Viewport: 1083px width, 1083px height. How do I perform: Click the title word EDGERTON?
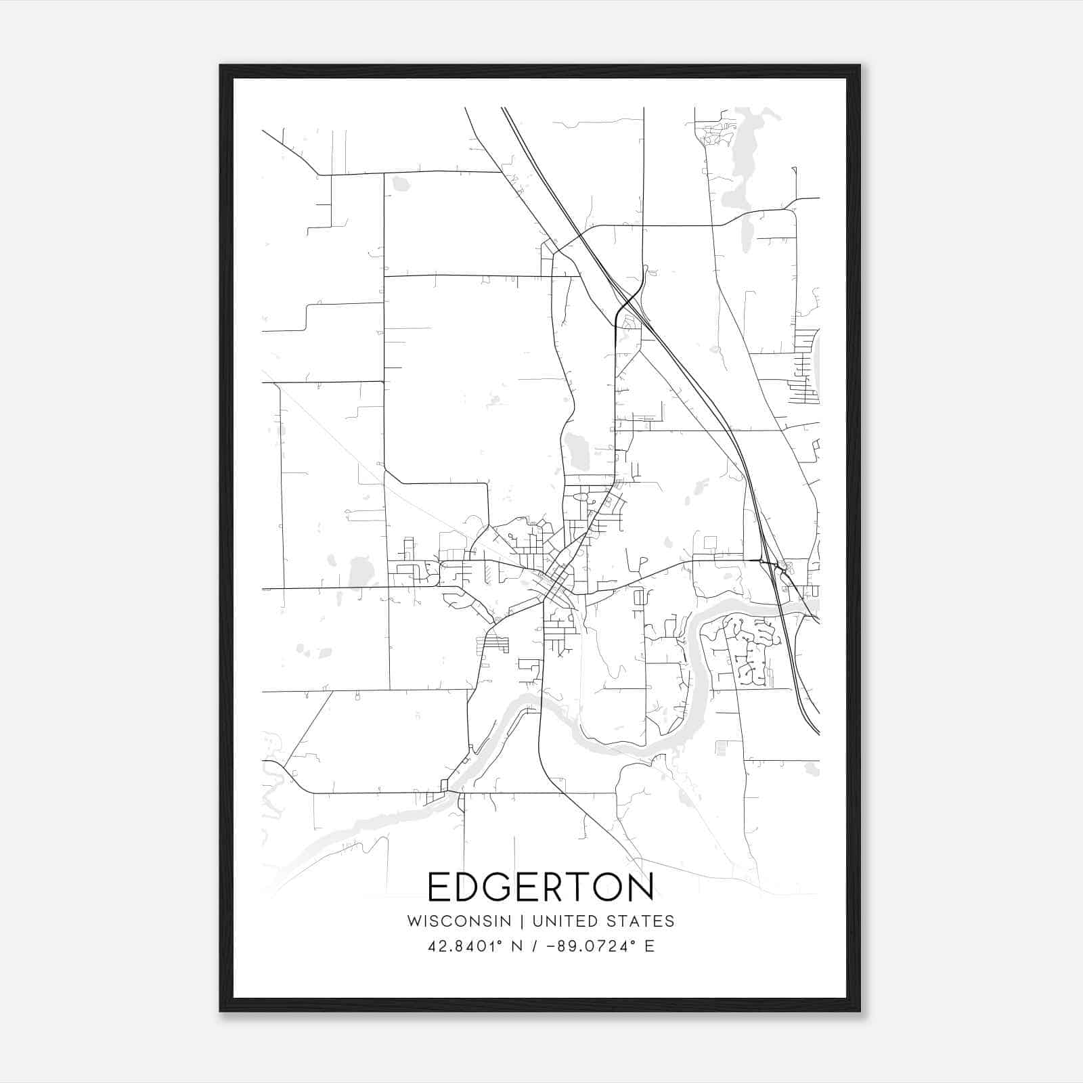coord(541,887)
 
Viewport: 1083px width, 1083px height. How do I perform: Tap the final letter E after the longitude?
coord(650,946)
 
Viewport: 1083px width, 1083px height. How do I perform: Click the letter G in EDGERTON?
coord(498,887)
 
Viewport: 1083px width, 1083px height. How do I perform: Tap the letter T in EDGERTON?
coord(579,887)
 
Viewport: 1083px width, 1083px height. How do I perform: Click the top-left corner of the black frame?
coord(221,66)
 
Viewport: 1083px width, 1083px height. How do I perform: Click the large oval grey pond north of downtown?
coord(578,449)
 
